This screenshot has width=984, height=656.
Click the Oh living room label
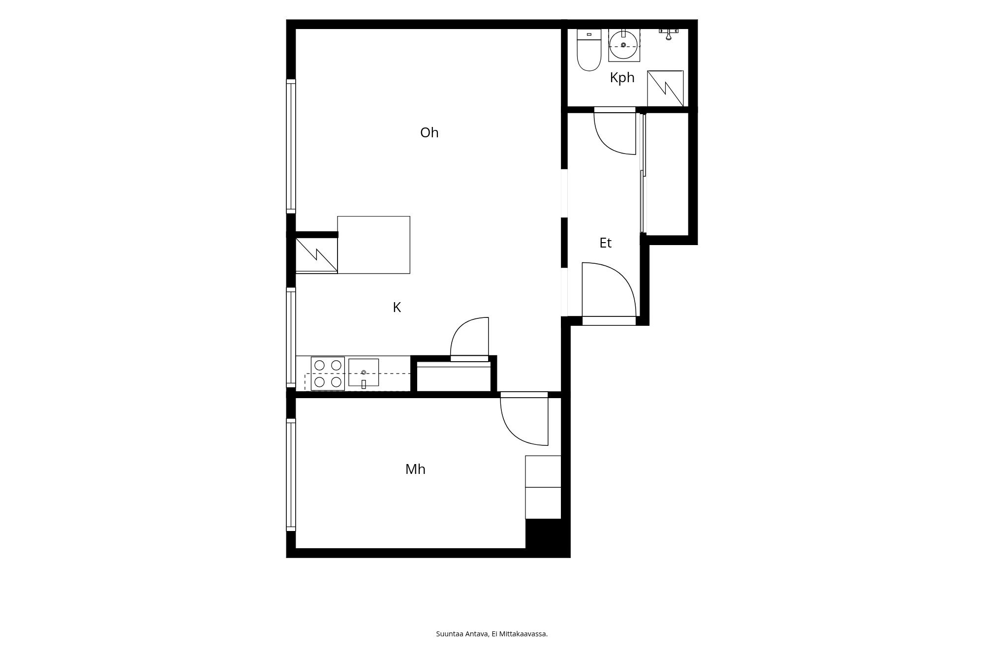pos(429,133)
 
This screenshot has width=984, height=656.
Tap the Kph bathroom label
pos(622,78)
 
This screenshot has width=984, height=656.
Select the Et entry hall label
pos(605,243)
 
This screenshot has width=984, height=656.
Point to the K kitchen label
pos(397,308)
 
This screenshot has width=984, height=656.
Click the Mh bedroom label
pos(415,469)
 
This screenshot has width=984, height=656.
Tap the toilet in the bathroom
pos(589,50)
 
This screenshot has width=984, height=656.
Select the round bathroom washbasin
pos(624,45)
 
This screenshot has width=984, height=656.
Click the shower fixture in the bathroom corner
pos(669,33)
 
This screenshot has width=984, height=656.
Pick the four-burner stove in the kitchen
pos(328,374)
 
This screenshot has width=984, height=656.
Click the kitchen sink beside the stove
pos(364,373)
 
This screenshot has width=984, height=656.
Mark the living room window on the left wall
pos(291,146)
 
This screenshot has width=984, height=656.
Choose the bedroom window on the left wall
pos(291,475)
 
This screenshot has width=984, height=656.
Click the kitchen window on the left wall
pos(291,338)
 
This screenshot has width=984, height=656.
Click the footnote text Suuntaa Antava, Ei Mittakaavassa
pos(492,634)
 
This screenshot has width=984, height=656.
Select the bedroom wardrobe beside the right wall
pos(543,487)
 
